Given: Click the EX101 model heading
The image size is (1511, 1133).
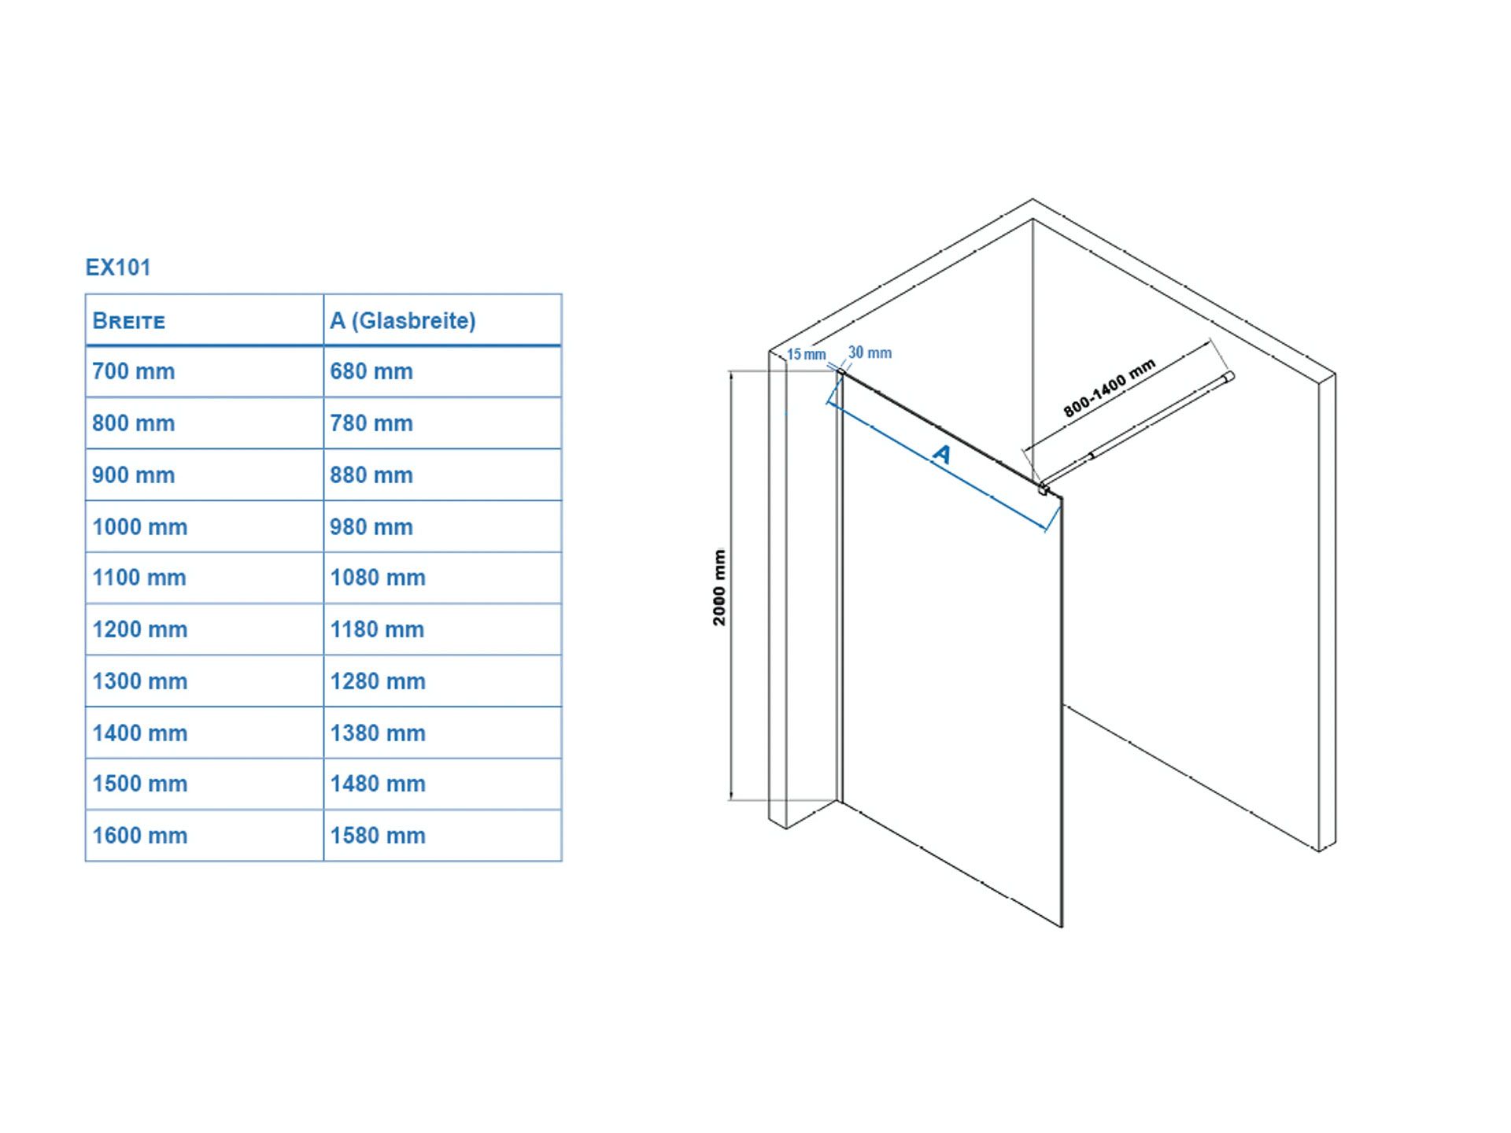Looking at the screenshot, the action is tap(118, 268).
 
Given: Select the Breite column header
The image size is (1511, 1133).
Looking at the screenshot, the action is tap(129, 321).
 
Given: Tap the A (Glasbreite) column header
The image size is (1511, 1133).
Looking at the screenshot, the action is tap(403, 321).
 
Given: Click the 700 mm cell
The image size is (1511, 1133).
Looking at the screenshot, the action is tap(134, 371).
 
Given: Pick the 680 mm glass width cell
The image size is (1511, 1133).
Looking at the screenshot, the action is tap(371, 371).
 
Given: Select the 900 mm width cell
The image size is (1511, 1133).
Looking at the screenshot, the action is tap(134, 475).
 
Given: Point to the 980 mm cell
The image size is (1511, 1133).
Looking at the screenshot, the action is tap(371, 527).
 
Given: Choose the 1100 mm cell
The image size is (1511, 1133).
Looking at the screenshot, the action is tap(139, 578).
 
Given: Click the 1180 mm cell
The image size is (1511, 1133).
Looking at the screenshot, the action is tap(377, 629).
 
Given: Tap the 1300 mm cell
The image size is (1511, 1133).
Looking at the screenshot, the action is tap(140, 681).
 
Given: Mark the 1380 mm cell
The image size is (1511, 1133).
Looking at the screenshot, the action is tap(378, 733).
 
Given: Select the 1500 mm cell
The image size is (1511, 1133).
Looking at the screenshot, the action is tap(140, 784).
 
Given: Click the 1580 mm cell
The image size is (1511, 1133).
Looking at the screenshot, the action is tap(378, 836).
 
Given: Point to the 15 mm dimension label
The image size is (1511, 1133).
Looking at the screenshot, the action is tap(807, 355).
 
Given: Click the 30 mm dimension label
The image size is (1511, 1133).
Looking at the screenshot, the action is tap(870, 353).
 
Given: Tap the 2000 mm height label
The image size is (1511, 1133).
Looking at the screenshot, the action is tap(719, 588).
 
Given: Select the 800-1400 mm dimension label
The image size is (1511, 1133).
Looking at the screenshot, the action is tap(1110, 388).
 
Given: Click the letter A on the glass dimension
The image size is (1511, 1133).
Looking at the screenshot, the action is tap(941, 454).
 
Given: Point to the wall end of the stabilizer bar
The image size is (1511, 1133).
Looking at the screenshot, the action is tap(1229, 377).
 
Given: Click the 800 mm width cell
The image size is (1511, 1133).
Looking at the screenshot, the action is tap(134, 423).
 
